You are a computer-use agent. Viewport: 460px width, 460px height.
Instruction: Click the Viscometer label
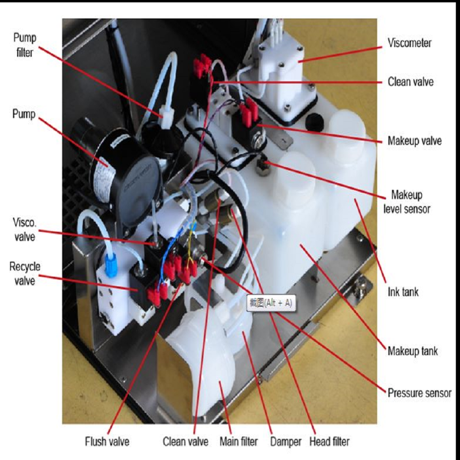(x=409, y=43)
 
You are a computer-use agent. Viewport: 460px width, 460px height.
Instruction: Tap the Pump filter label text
(x=25, y=45)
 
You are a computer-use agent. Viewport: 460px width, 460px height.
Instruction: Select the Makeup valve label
(x=414, y=141)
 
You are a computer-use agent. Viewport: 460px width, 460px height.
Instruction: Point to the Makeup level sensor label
(x=407, y=201)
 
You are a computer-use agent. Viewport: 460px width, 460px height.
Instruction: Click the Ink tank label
(x=403, y=292)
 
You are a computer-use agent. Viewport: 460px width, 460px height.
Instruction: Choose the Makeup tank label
(x=413, y=351)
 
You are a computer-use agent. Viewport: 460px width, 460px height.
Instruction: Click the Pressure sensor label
(x=420, y=393)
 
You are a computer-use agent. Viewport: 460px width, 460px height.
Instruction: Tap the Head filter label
(x=329, y=442)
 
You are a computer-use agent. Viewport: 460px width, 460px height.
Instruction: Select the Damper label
(x=286, y=442)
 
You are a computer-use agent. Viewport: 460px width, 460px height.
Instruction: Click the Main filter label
(x=239, y=442)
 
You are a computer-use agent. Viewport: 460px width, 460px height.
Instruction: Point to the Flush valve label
(x=107, y=442)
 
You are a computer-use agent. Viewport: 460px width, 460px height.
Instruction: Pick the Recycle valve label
(x=25, y=274)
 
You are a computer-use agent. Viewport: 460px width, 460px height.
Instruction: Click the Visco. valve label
(x=25, y=230)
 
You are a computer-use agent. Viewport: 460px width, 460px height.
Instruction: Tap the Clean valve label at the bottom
(x=185, y=442)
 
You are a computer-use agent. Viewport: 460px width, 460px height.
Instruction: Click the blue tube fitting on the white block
(x=110, y=265)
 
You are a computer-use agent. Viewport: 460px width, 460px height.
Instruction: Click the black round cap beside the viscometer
(x=314, y=121)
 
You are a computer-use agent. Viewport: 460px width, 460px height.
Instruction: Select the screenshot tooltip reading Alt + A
(x=270, y=303)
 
